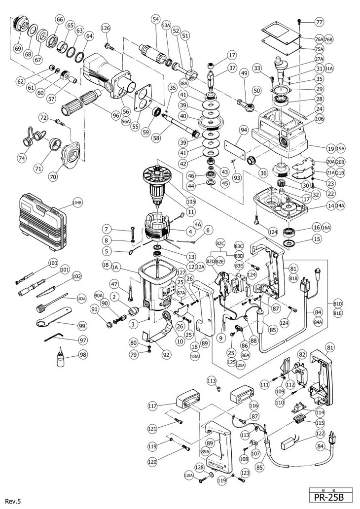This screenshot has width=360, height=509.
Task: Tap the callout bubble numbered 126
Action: click(x=105, y=29)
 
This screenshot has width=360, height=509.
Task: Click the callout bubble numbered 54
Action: click(x=156, y=20)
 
